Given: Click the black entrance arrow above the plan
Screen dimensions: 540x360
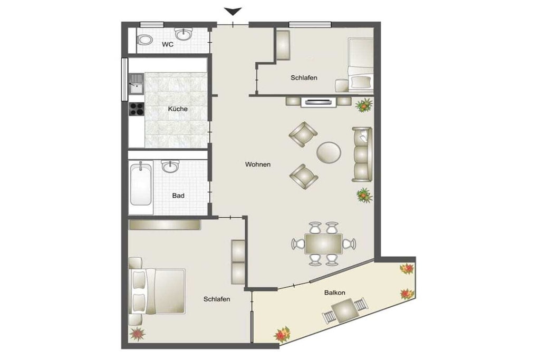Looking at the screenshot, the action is pyautogui.click(x=233, y=12).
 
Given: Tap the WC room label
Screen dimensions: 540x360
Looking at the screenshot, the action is pyautogui.click(x=168, y=44).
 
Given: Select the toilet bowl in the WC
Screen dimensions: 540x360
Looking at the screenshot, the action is pyautogui.click(x=146, y=40).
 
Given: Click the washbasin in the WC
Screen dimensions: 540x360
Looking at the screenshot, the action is pyautogui.click(x=183, y=34).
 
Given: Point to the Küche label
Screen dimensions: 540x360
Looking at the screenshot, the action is pyautogui.click(x=178, y=109).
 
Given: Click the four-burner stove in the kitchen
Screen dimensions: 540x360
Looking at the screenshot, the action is pyautogui.click(x=137, y=109).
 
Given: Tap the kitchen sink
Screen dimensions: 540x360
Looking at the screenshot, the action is pyautogui.click(x=137, y=84).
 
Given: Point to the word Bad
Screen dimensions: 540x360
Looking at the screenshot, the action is pyautogui.click(x=178, y=196).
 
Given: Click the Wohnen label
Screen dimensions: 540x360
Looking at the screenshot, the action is pyautogui.click(x=257, y=164).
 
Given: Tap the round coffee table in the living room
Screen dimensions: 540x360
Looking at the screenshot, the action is pyautogui.click(x=329, y=152).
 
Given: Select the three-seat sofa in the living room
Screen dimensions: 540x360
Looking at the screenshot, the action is pyautogui.click(x=362, y=154).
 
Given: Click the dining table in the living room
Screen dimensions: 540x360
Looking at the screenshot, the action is pyautogui.click(x=323, y=244).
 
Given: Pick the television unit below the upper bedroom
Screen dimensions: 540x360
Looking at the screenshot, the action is pyautogui.click(x=319, y=102).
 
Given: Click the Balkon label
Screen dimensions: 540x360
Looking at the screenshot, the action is pyautogui.click(x=334, y=293).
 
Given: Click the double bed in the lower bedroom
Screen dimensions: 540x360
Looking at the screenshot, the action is pyautogui.click(x=157, y=291).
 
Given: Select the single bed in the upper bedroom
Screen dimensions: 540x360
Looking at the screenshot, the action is pyautogui.click(x=360, y=65).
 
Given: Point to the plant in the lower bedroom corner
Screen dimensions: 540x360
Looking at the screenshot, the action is pyautogui.click(x=137, y=334).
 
